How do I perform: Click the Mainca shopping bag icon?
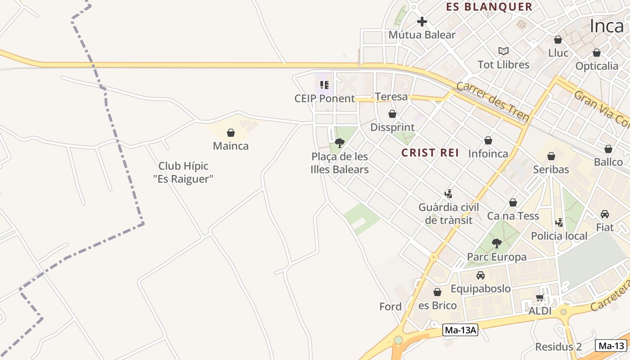231,133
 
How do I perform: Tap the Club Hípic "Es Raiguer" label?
183,172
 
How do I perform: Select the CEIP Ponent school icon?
324,85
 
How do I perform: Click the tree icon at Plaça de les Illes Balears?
340,143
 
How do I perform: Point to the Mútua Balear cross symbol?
422,21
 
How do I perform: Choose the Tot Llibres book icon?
504,51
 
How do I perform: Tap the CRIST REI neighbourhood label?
430,153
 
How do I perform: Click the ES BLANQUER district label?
489,7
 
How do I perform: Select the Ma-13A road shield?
460,330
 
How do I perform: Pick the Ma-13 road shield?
611,346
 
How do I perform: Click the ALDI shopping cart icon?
540,297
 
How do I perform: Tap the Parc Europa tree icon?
497,243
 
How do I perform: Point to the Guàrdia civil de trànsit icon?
448,194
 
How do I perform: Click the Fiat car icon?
605,214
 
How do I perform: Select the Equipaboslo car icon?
481,275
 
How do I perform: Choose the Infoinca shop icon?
488,140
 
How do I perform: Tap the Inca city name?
607,26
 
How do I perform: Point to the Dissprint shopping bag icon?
392,114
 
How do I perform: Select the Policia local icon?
559,222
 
